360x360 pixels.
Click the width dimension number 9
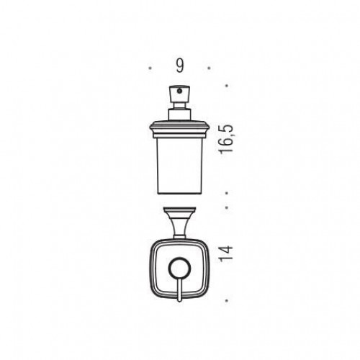pos(180,66)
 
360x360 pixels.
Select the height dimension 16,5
pos(226,139)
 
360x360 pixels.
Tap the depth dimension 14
pos(226,253)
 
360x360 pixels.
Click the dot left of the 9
pos(150,68)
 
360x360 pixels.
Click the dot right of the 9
pos(209,68)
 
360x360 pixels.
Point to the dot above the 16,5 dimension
pos(227,86)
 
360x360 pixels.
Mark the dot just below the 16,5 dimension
pos(227,192)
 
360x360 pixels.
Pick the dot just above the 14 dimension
pos(227,207)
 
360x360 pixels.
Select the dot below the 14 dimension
pos(227,300)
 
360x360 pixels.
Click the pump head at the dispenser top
pos(180,94)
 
